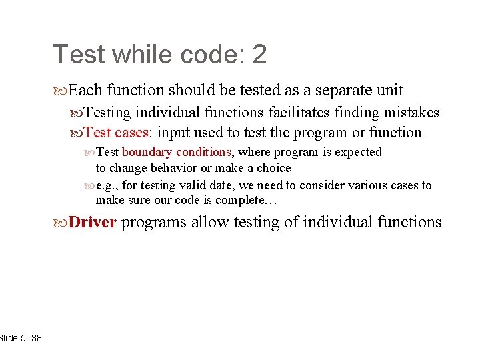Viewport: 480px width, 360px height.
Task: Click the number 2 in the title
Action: pos(259,55)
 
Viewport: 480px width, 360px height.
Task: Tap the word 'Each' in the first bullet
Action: pos(85,90)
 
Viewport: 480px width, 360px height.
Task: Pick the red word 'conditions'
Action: pos(203,152)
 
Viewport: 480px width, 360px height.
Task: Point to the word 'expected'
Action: pos(358,152)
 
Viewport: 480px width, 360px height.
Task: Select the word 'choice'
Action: pos(274,168)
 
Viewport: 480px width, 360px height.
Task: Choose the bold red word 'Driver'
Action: pos(93,222)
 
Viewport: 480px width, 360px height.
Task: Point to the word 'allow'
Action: pos(209,222)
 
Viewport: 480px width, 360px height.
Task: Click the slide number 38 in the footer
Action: pos(36,338)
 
